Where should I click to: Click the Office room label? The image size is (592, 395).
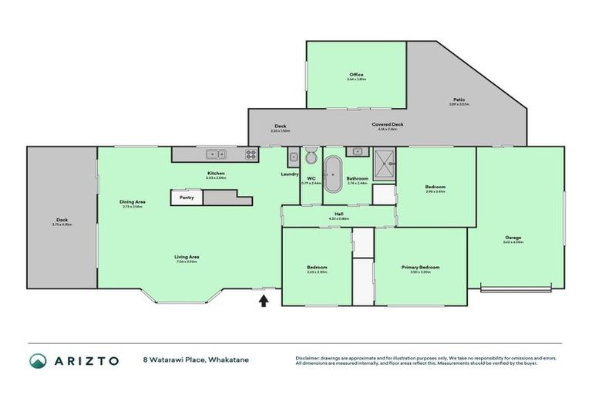[355, 75]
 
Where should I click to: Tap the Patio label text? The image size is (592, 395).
[459, 100]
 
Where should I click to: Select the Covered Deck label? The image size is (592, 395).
[388, 124]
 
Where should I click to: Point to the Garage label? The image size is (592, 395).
[513, 237]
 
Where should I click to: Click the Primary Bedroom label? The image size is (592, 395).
[420, 267]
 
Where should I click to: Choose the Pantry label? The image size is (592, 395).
[187, 197]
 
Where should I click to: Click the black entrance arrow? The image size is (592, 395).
[263, 302]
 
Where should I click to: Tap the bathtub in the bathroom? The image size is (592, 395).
[333, 175]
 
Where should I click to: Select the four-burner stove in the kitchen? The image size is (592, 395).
[251, 154]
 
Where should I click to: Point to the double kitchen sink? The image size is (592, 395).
[215, 154]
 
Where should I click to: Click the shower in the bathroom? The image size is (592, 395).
[385, 163]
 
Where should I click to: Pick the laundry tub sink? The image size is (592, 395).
[293, 158]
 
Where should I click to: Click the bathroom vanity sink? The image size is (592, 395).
[355, 151]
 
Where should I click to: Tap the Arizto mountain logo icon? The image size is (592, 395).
[37, 360]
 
